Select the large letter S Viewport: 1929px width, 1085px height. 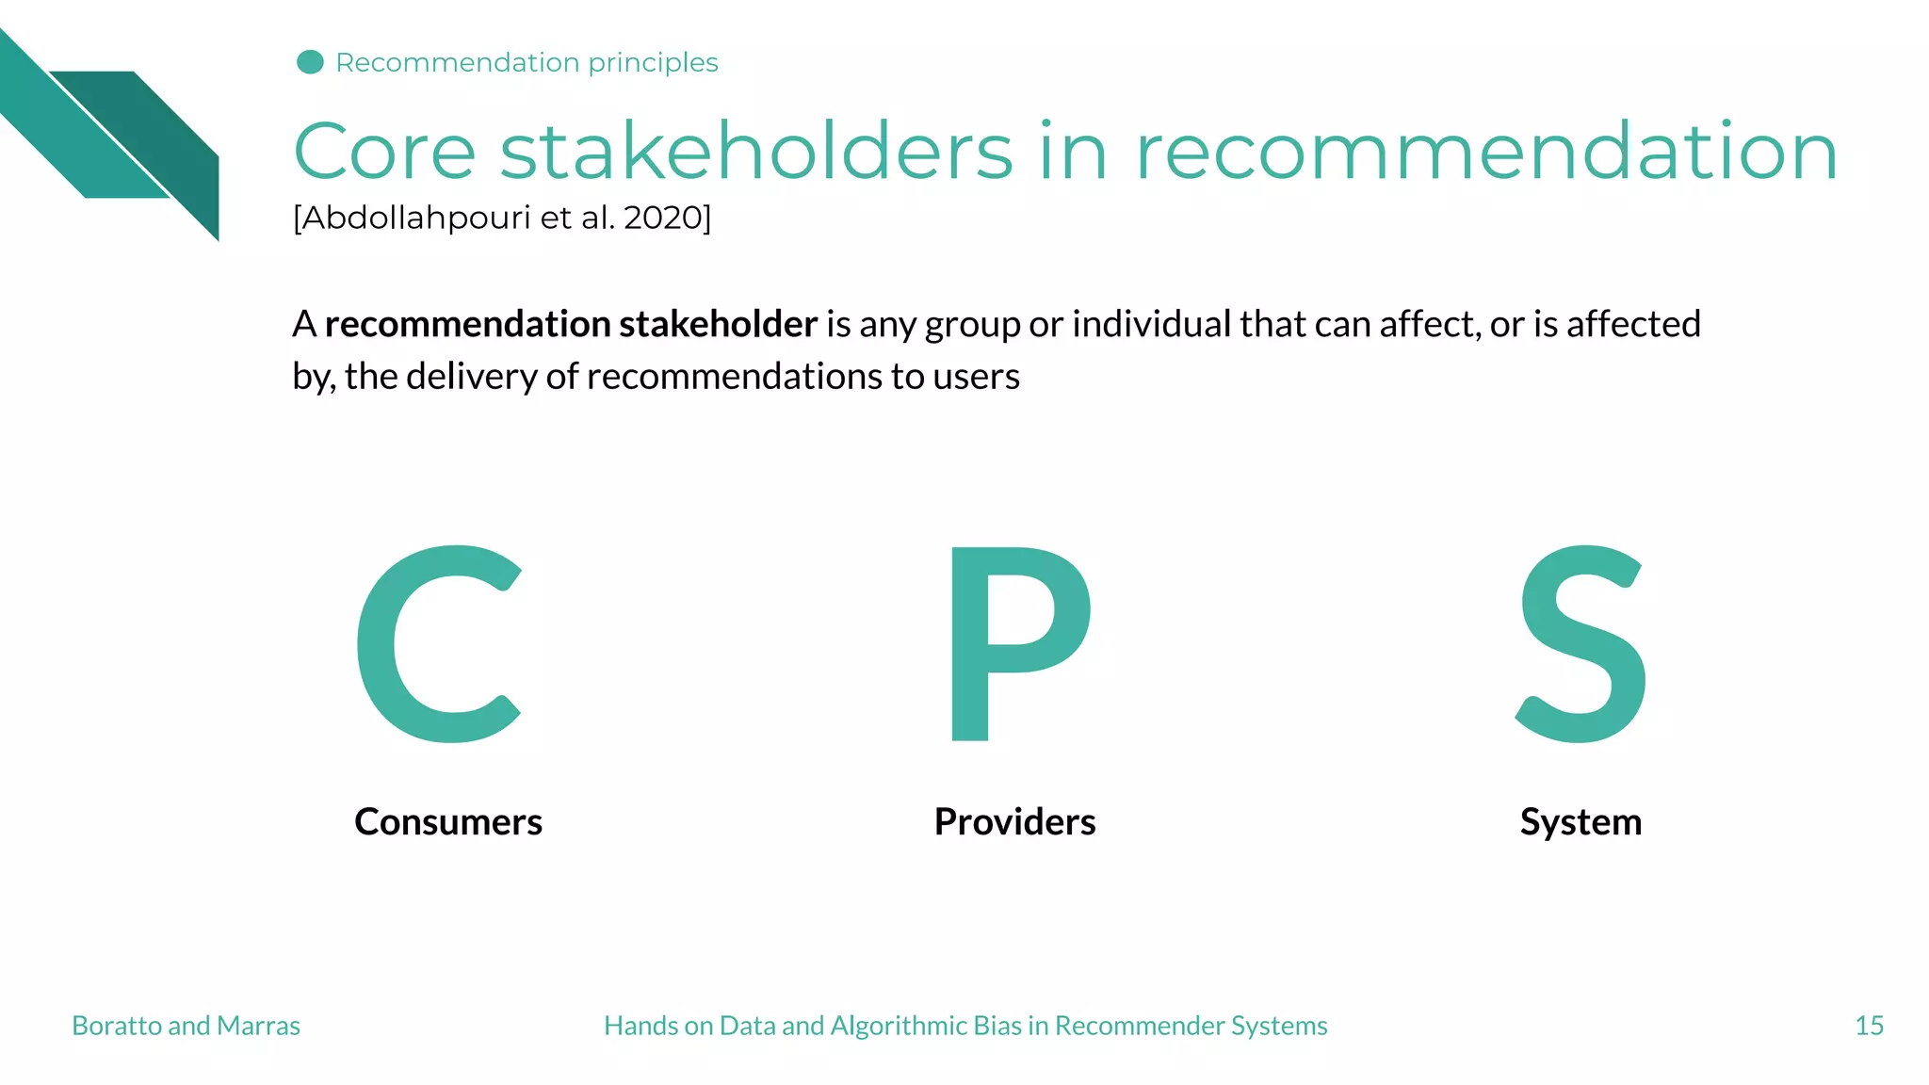[1581, 644]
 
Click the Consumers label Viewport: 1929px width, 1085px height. [448, 822]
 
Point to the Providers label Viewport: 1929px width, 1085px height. [1014, 822]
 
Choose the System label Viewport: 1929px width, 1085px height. [1580, 822]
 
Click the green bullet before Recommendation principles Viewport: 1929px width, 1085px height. [310, 62]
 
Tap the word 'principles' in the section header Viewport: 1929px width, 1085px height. [653, 63]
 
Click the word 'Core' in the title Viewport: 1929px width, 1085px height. [384, 152]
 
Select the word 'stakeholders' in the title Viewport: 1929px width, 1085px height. [755, 152]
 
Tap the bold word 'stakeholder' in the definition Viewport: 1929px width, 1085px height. [718, 324]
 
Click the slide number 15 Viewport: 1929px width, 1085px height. [1869, 1026]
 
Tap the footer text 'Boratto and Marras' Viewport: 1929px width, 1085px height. [186, 1026]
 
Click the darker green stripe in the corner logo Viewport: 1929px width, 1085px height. [160, 132]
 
